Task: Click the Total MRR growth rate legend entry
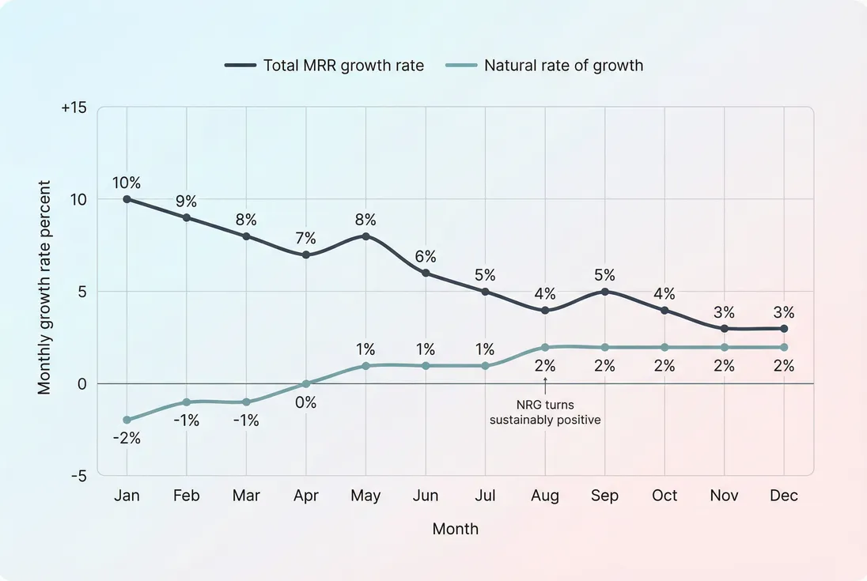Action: pyautogui.click(x=324, y=66)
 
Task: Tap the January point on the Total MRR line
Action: pyautogui.click(x=127, y=199)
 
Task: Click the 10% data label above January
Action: pyautogui.click(x=127, y=183)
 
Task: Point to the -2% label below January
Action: pyautogui.click(x=127, y=437)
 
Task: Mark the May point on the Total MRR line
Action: pyautogui.click(x=365, y=236)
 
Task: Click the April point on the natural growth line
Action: pyautogui.click(x=306, y=383)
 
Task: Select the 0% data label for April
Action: pyautogui.click(x=306, y=402)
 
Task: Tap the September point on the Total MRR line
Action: pyautogui.click(x=604, y=292)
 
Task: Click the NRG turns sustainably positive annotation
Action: pyautogui.click(x=545, y=413)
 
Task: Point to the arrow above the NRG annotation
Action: pyautogui.click(x=545, y=383)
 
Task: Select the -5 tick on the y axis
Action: pyautogui.click(x=78, y=476)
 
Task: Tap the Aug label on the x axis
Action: pyautogui.click(x=545, y=496)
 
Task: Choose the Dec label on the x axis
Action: pyautogui.click(x=784, y=496)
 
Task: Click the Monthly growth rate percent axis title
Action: pyautogui.click(x=45, y=288)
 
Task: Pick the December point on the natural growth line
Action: pyautogui.click(x=784, y=347)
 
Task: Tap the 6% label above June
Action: pyautogui.click(x=426, y=257)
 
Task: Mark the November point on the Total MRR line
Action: pyautogui.click(x=724, y=328)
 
